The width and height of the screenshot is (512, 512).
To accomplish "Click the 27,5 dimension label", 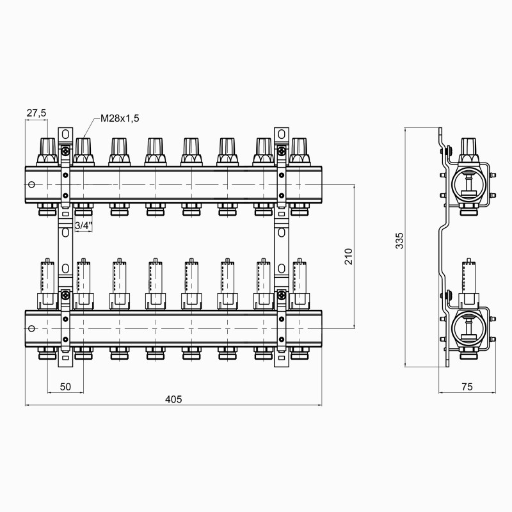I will pos(36,113).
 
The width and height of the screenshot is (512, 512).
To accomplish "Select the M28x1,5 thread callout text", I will pos(120,119).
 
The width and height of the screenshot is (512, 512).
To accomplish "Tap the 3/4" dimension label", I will pos(83,226).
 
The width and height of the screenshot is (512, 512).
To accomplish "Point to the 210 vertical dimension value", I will pos(348,256).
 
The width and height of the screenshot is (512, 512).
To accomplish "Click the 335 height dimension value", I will pos(399,241).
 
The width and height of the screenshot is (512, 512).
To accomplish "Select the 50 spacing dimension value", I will pos(65,386).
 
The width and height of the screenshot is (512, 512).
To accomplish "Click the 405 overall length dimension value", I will pos(173,399).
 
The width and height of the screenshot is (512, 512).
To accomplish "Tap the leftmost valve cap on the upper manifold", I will pos(47,151).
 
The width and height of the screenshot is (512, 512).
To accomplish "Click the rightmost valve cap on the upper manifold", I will pos(299,151).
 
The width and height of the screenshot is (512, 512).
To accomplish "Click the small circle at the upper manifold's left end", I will pos(32,185).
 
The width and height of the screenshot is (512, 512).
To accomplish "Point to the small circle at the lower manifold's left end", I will pos(32,328).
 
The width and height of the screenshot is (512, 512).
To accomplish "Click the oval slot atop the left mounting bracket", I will pos(65,134).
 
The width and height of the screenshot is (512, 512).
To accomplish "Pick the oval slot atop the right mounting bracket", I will pos(281,134).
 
